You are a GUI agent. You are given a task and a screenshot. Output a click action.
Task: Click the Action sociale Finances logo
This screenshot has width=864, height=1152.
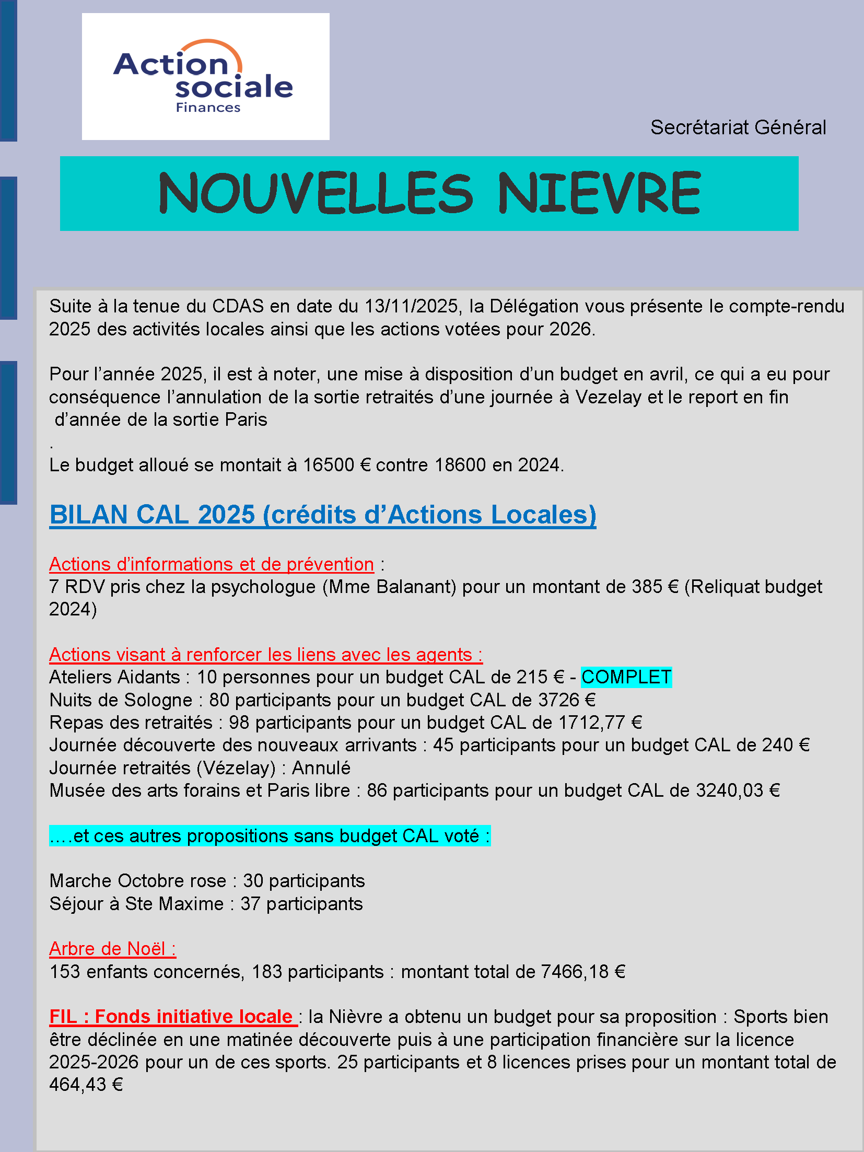tap(205, 76)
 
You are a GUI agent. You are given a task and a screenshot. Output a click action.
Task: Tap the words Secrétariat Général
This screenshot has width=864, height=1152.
tap(738, 127)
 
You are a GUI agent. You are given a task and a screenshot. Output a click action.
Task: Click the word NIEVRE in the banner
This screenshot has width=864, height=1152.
tap(599, 193)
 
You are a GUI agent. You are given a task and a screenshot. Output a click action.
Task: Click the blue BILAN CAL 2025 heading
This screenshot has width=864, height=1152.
tap(322, 515)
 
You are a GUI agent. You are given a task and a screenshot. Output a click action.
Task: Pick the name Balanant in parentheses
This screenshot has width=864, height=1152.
tap(416, 587)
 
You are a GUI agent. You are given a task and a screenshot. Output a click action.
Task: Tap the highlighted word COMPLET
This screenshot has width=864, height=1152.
tap(626, 677)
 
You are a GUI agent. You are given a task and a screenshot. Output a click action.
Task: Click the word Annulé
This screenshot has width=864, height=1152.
tap(321, 768)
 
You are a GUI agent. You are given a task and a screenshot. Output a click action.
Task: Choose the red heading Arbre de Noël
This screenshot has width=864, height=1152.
tap(112, 949)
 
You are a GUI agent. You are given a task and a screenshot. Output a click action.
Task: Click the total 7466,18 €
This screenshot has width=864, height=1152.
tap(582, 972)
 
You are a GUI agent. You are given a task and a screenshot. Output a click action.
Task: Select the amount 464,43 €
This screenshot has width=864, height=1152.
tap(86, 1085)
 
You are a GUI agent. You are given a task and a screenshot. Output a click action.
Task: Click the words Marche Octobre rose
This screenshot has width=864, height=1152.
tap(137, 881)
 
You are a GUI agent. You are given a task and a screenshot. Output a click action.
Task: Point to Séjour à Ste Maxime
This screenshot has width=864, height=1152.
tap(136, 904)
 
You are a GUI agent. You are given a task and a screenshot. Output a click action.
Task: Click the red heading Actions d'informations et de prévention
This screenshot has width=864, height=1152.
tap(211, 564)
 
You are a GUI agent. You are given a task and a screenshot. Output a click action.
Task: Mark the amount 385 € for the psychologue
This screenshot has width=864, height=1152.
tap(655, 587)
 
